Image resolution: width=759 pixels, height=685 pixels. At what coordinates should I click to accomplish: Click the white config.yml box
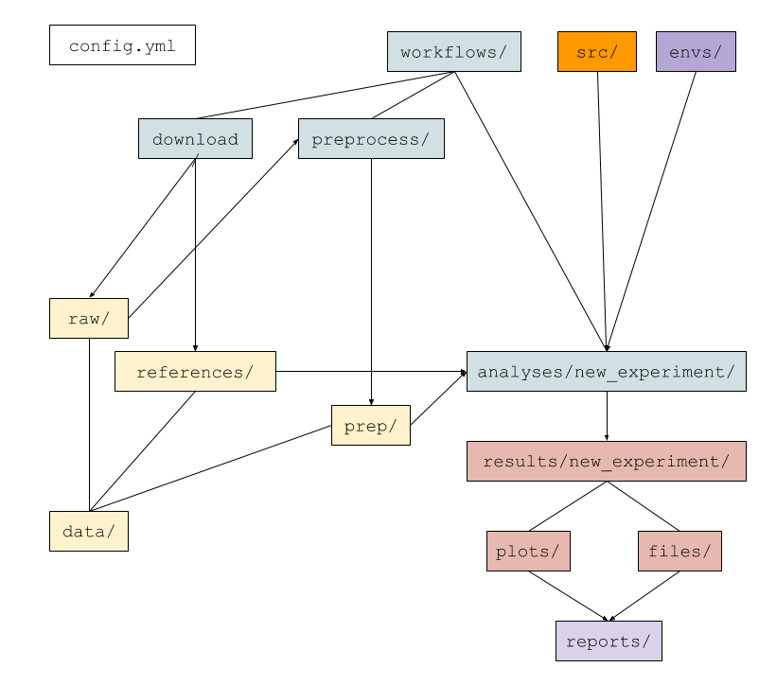coord(122,45)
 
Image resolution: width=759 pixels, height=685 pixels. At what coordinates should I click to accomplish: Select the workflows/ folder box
coord(453,52)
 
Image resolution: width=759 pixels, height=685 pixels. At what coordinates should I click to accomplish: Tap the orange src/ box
coord(596,52)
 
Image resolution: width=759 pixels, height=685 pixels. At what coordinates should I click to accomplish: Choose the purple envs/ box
coord(696,52)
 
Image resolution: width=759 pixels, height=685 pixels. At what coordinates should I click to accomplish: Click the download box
coord(195,139)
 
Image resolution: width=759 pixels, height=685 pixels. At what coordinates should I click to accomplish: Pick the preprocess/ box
coord(371,139)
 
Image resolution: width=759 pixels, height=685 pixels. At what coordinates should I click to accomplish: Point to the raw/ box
coord(89,319)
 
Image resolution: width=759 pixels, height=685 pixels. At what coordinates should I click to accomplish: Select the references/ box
coord(195,372)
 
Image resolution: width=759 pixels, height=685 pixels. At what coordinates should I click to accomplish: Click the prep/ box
coord(371,426)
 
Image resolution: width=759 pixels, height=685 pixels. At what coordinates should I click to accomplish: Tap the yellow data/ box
coord(89,532)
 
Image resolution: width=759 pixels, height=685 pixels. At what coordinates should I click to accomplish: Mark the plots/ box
coord(528,552)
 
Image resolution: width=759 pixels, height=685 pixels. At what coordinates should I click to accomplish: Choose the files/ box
coord(680,552)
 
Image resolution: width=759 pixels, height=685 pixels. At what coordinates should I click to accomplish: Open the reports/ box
coord(609,641)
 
